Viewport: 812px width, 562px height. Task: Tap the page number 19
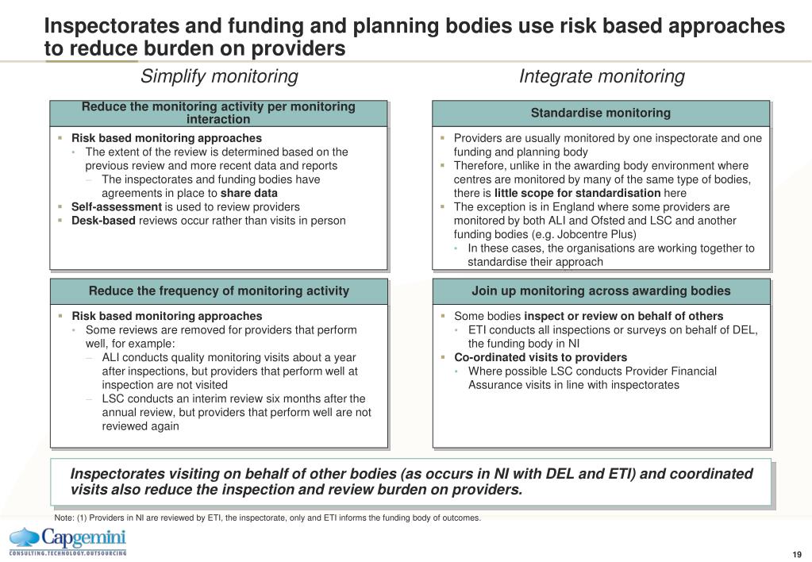[796, 554]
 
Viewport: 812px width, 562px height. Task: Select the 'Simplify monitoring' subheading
[219, 76]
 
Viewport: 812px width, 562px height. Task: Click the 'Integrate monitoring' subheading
[602, 76]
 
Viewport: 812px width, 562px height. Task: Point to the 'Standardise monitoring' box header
[601, 113]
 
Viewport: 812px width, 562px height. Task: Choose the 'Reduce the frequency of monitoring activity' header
[219, 291]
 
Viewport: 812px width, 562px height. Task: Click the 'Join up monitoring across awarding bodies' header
[601, 291]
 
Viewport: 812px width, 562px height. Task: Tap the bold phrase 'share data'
[249, 193]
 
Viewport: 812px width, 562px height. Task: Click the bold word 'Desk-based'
[103, 220]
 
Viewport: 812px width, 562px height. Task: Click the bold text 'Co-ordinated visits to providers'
[541, 357]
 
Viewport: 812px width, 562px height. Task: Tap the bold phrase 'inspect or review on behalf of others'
[624, 316]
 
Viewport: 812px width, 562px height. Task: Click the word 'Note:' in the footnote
[64, 518]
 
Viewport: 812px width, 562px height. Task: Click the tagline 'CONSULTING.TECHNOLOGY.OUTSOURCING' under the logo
[67, 552]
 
